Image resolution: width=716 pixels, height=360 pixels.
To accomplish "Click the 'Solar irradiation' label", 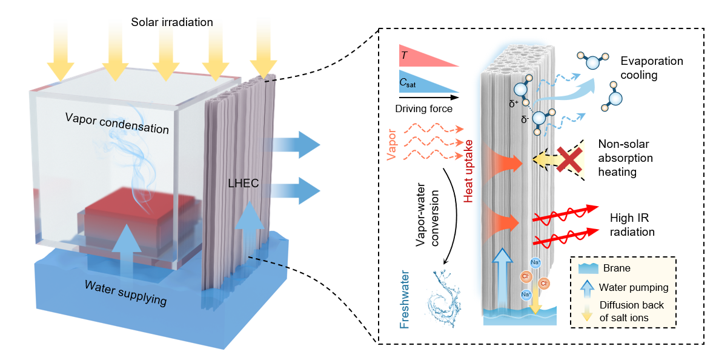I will pos(173,22).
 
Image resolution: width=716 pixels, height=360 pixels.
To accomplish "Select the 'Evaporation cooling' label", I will pos(651,67).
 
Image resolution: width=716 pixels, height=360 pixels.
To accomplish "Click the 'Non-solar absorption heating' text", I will pos(626,158).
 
